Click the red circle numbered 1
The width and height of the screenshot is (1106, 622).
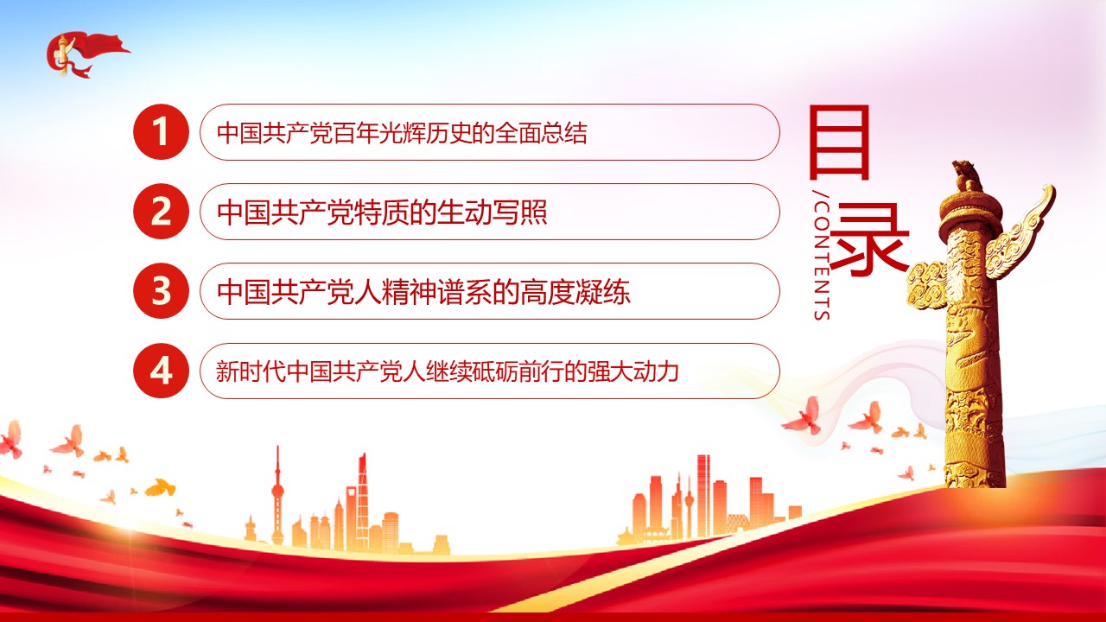click(161, 132)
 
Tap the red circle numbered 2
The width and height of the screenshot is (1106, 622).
click(161, 212)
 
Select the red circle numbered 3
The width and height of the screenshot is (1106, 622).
click(161, 291)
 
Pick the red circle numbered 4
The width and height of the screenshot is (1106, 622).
click(161, 371)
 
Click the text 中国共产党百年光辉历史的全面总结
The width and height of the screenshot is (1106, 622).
click(402, 133)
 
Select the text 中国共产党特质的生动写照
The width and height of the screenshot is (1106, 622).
click(382, 213)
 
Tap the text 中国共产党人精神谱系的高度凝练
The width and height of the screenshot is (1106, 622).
click(423, 292)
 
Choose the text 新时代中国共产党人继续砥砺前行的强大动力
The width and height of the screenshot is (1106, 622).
click(448, 371)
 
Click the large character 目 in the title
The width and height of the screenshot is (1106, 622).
click(839, 143)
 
